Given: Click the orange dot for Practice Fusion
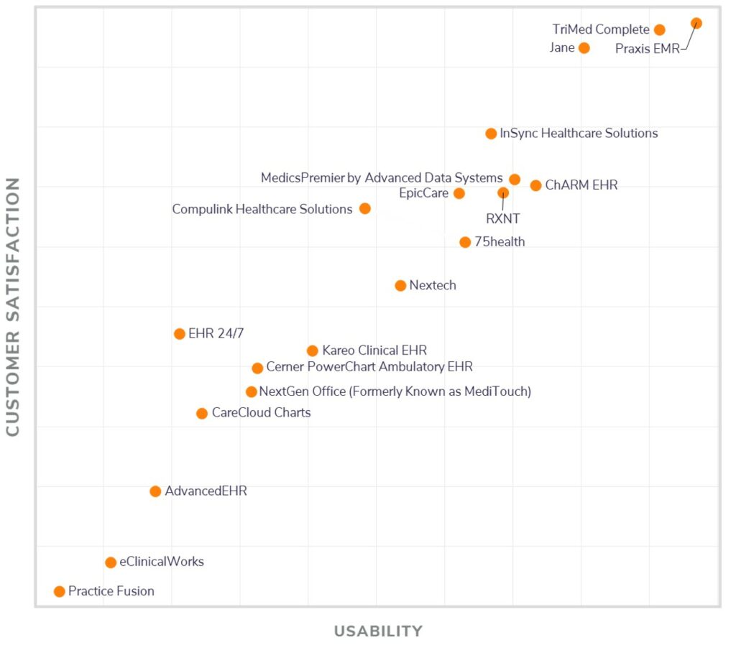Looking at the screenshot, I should coord(59,591).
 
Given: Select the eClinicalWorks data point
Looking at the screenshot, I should coord(111,562).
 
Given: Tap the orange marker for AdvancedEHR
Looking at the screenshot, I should coord(155,491).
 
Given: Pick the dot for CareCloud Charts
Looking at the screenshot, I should coord(202,413).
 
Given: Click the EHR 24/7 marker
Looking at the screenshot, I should coord(180,333).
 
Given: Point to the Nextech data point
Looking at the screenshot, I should coord(400,285).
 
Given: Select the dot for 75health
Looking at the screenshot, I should coord(465,242).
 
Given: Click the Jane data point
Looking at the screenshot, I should coord(584,48).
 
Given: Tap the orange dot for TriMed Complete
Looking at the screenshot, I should coord(660,29).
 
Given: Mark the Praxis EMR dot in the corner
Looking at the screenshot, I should coord(696,23).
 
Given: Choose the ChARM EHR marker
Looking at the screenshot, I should coord(535,185).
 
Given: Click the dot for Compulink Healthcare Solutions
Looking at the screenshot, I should coord(365,208).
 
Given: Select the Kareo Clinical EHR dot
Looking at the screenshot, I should coord(312,351).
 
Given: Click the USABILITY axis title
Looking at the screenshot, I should coord(378,631).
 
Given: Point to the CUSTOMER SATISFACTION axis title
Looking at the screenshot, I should coord(13,307).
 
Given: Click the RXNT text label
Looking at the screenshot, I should coord(502,219).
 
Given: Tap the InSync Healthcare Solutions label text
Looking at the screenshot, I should coord(579,133).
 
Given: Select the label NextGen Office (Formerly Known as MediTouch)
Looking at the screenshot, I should coord(395,391).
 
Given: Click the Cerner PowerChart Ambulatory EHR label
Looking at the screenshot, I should coord(369,367).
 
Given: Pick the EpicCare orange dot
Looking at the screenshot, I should coord(459,193).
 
